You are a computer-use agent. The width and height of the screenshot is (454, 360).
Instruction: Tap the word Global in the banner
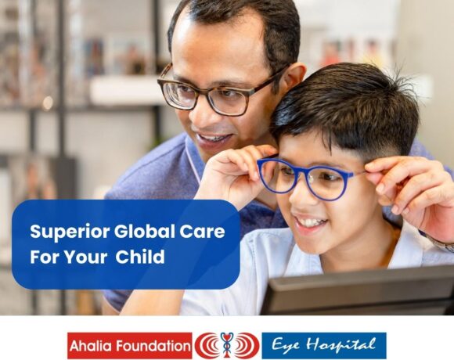click(x=145, y=231)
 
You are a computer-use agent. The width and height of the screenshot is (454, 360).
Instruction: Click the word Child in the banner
click(x=140, y=256)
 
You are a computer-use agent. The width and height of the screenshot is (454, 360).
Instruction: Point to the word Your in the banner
click(x=85, y=257)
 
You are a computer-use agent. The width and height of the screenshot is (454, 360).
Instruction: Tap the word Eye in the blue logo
click(x=285, y=345)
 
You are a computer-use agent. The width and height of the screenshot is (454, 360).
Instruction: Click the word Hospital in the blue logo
click(x=340, y=344)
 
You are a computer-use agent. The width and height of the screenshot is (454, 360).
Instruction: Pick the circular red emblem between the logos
click(x=227, y=345)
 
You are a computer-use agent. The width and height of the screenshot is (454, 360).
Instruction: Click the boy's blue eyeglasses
click(x=307, y=178)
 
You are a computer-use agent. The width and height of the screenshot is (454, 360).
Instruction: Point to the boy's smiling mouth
click(x=310, y=223)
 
